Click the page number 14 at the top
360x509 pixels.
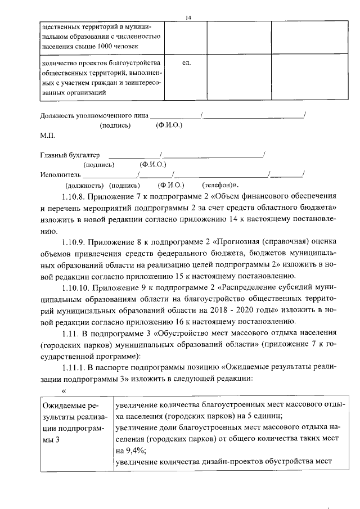tap(189, 17)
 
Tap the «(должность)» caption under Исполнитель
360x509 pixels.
tap(84, 184)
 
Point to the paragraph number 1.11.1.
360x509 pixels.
tap(76, 367)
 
